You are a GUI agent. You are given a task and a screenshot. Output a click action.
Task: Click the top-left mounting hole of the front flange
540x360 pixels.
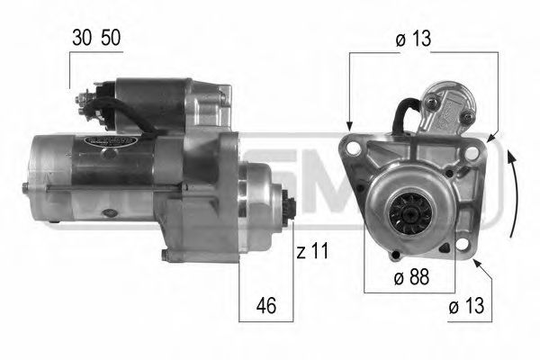coord(352,148)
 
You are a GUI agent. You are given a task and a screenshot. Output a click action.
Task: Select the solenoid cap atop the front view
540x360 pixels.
coord(446,98)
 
